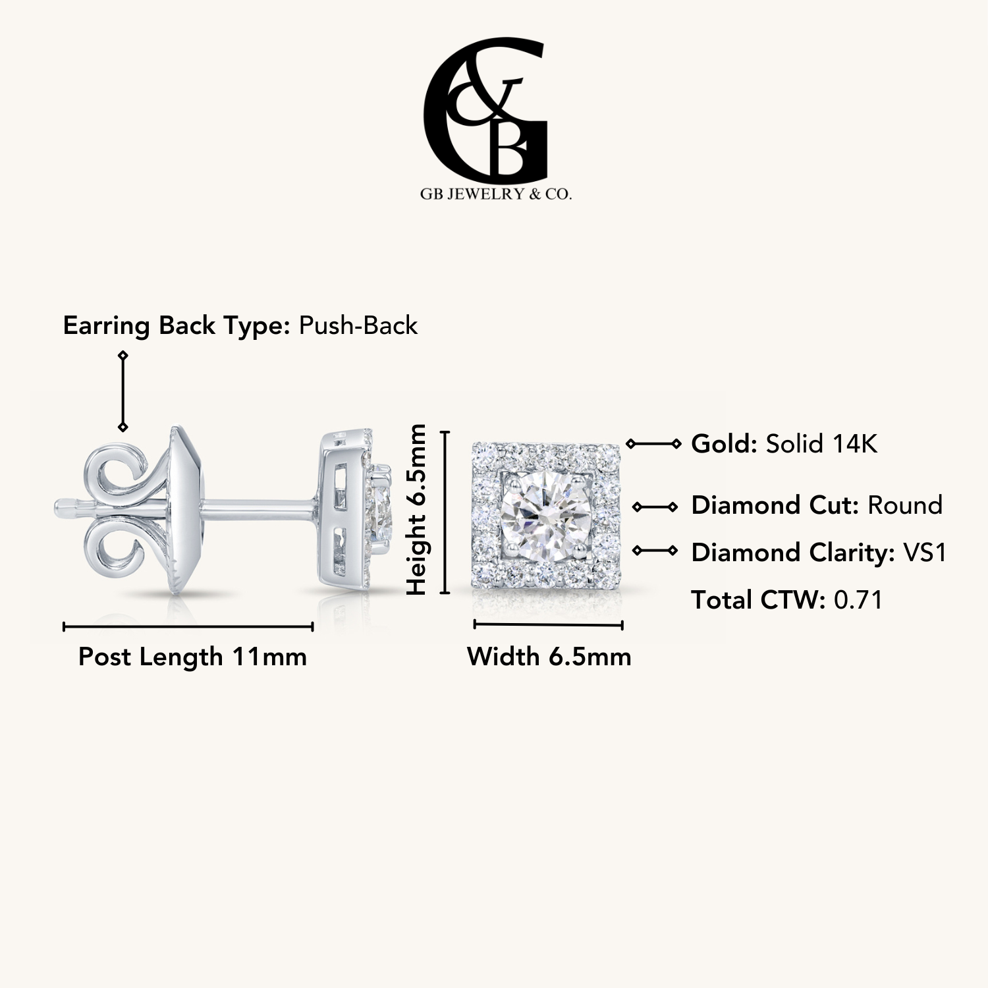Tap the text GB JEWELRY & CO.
495,194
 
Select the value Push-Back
358,325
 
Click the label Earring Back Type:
177,326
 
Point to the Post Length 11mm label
192,657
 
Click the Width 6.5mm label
549,657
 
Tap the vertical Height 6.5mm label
417,510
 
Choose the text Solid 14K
821,444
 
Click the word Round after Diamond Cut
905,505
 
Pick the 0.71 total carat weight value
858,600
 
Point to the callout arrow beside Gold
653,444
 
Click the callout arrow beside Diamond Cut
655,507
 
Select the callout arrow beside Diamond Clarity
655,550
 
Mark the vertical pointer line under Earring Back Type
123,391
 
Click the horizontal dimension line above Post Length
188,626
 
